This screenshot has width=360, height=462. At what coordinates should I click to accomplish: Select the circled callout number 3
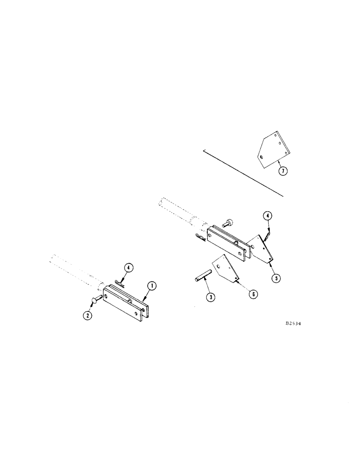(x=210, y=298)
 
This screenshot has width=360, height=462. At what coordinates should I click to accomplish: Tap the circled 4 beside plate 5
(x=267, y=216)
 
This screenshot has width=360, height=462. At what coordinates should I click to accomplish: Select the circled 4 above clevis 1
(x=129, y=267)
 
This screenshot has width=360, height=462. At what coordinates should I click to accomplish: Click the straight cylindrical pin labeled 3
(x=201, y=278)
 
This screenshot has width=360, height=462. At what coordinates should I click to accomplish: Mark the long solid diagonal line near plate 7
(x=242, y=173)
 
